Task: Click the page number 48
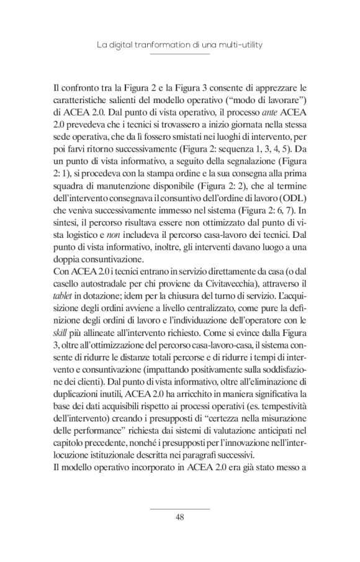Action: coord(179,517)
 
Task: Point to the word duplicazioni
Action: coord(80,410)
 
